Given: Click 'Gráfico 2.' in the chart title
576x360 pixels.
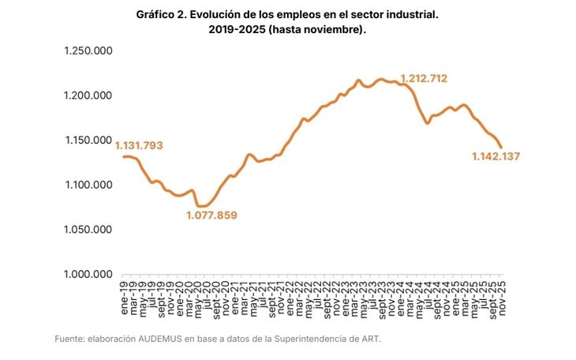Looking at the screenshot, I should click(x=163, y=15).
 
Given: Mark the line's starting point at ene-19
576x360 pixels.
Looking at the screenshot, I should click(x=124, y=156).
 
